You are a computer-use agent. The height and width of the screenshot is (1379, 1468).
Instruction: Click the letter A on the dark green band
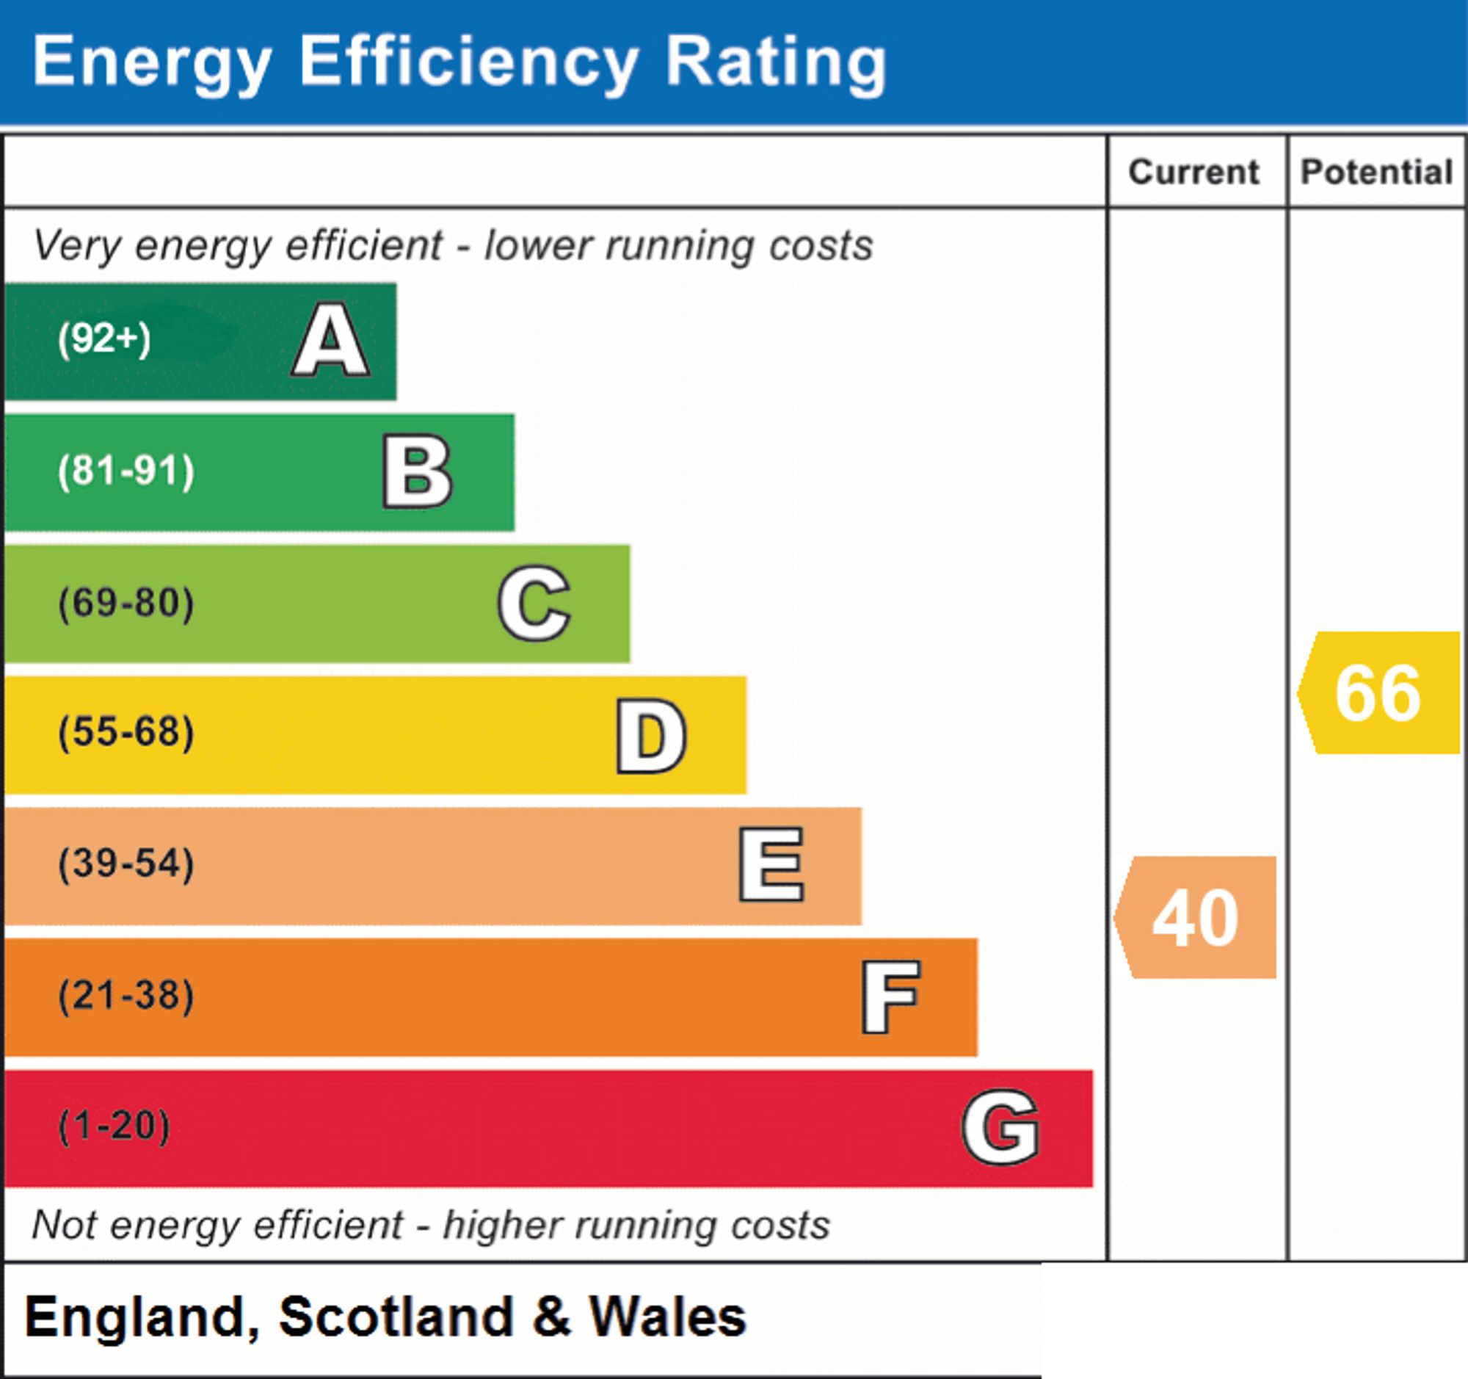coord(331,341)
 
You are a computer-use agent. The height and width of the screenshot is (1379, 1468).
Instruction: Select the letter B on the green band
coord(417,471)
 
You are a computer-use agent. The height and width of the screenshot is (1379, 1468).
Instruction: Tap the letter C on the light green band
coord(534,603)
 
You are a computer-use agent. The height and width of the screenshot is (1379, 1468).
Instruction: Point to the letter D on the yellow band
coord(651,736)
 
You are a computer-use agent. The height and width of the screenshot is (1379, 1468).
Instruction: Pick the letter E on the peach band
coord(771,864)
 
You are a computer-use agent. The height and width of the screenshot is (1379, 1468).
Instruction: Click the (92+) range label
coord(104,339)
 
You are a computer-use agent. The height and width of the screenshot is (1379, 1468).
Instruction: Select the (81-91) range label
coord(126,471)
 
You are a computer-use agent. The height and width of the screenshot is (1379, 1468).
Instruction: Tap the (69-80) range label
coord(126,603)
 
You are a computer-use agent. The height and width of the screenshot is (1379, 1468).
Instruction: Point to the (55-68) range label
coord(126,733)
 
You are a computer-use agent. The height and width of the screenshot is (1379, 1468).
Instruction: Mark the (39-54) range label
coord(126,864)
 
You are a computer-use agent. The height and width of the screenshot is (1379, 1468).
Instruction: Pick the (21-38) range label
coord(126,996)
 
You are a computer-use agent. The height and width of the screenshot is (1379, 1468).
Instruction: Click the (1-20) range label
coord(114,1126)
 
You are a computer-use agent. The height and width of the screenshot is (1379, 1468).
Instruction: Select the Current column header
coord(1194,172)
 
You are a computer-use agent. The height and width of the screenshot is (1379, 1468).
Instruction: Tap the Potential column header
coord(1377,172)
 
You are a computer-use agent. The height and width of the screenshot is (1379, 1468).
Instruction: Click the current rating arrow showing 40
coord(1195,917)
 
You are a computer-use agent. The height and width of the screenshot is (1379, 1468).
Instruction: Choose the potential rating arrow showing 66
coord(1378,693)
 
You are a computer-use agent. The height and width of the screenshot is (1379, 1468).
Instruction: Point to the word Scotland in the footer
coord(396,1317)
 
